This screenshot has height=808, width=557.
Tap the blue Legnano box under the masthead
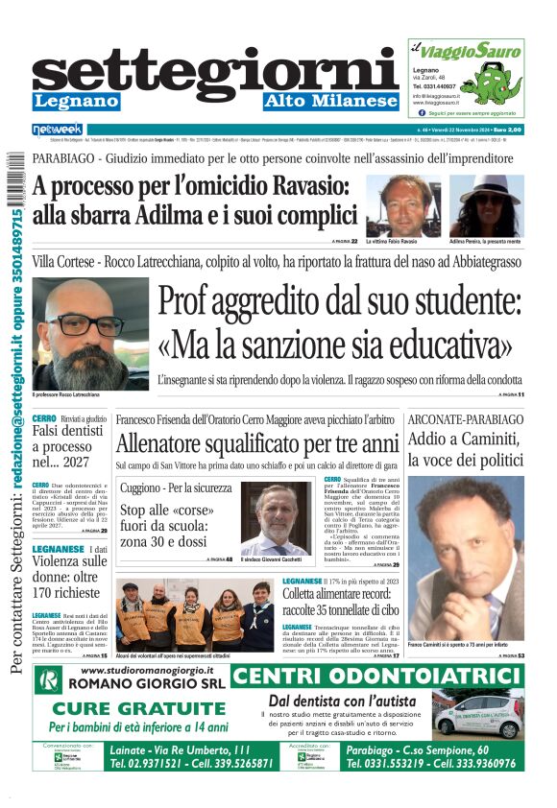pos(76,102)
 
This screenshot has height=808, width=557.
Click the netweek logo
pos(58,130)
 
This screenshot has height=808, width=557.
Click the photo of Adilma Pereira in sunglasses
pos(487,205)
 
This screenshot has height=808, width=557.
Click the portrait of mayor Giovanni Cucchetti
pos(277,518)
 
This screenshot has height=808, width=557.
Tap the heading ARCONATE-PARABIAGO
pos(466,419)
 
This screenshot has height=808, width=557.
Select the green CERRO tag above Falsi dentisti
pos(43,419)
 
